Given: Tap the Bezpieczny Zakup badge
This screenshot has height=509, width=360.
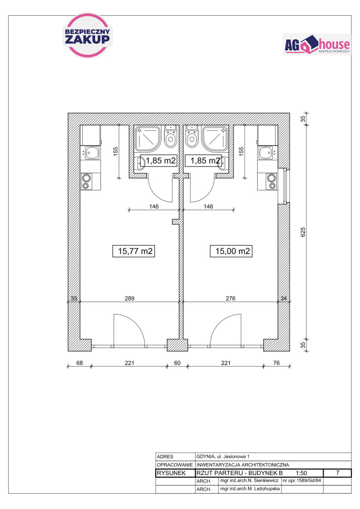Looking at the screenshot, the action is (x=87, y=36).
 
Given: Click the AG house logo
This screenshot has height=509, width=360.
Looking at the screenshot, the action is (x=317, y=44).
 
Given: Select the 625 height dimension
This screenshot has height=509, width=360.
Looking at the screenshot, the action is (x=303, y=232).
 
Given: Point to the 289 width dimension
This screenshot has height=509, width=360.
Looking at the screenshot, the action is (x=129, y=298).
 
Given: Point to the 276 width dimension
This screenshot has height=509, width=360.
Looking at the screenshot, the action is (x=231, y=298).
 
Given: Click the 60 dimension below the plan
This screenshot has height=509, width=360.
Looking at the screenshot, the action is (x=177, y=363).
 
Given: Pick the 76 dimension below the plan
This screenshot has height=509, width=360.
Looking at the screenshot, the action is (x=276, y=363).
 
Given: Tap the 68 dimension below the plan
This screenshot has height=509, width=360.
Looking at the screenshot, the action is (x=79, y=363).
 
